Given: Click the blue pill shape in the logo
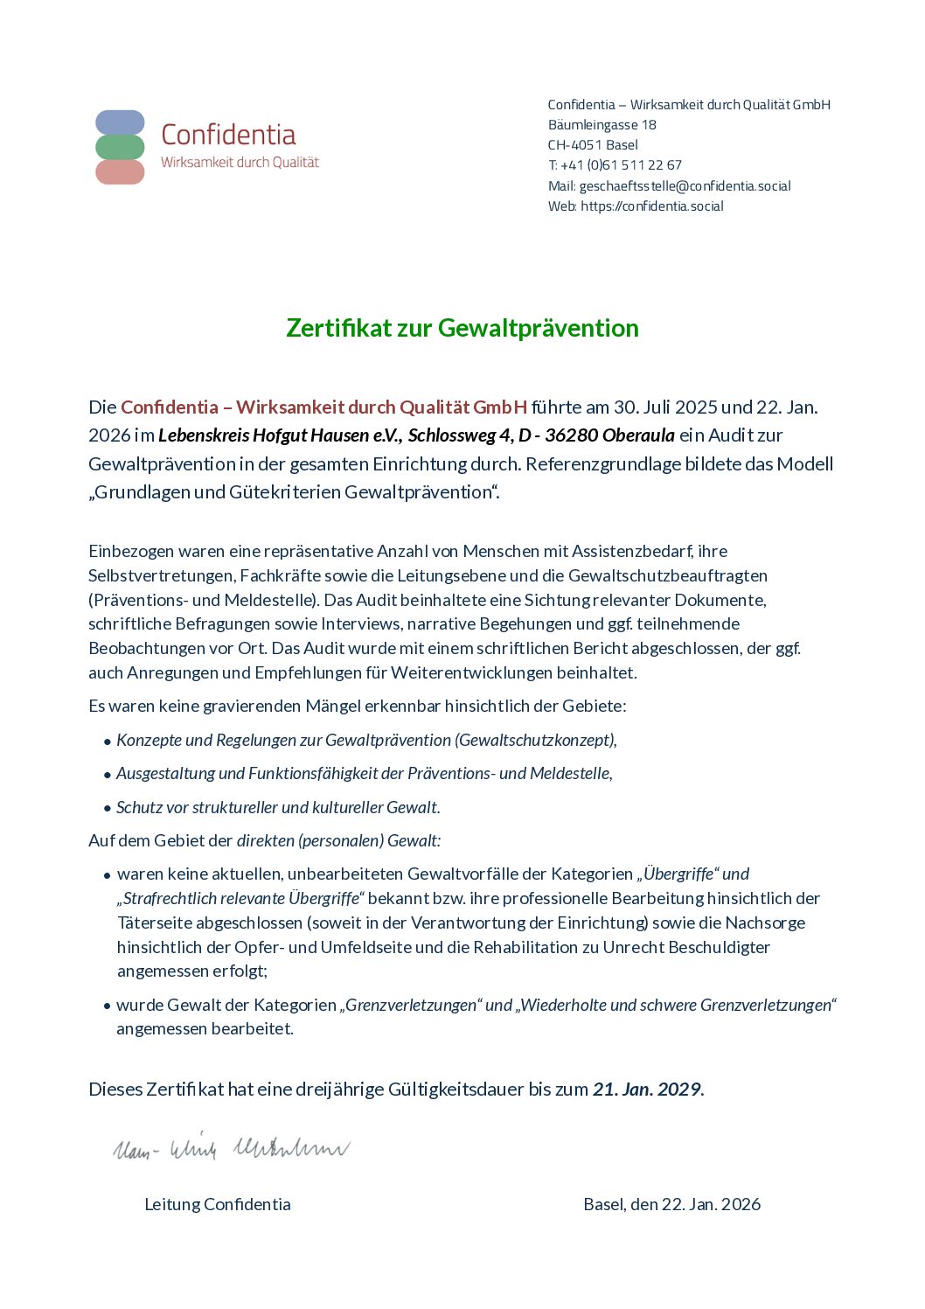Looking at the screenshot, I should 120,122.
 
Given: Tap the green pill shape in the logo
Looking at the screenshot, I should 120,147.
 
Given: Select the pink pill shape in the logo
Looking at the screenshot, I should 120,172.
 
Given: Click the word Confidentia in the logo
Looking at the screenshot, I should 228,135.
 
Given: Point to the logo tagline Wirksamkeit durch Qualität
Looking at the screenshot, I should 240,163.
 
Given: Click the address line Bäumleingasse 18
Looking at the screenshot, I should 602,125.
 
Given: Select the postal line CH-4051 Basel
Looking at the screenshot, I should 593,145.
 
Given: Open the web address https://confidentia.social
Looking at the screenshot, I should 652,206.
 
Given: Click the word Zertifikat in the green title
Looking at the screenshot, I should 339,328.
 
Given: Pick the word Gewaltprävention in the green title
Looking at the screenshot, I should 538,328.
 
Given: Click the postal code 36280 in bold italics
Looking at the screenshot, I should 571,435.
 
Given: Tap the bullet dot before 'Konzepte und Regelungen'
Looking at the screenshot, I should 108,742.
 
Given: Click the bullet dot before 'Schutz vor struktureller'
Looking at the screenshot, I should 108,809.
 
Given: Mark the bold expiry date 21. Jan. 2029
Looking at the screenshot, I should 647,1090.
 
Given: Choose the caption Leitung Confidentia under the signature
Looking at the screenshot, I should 218,1205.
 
